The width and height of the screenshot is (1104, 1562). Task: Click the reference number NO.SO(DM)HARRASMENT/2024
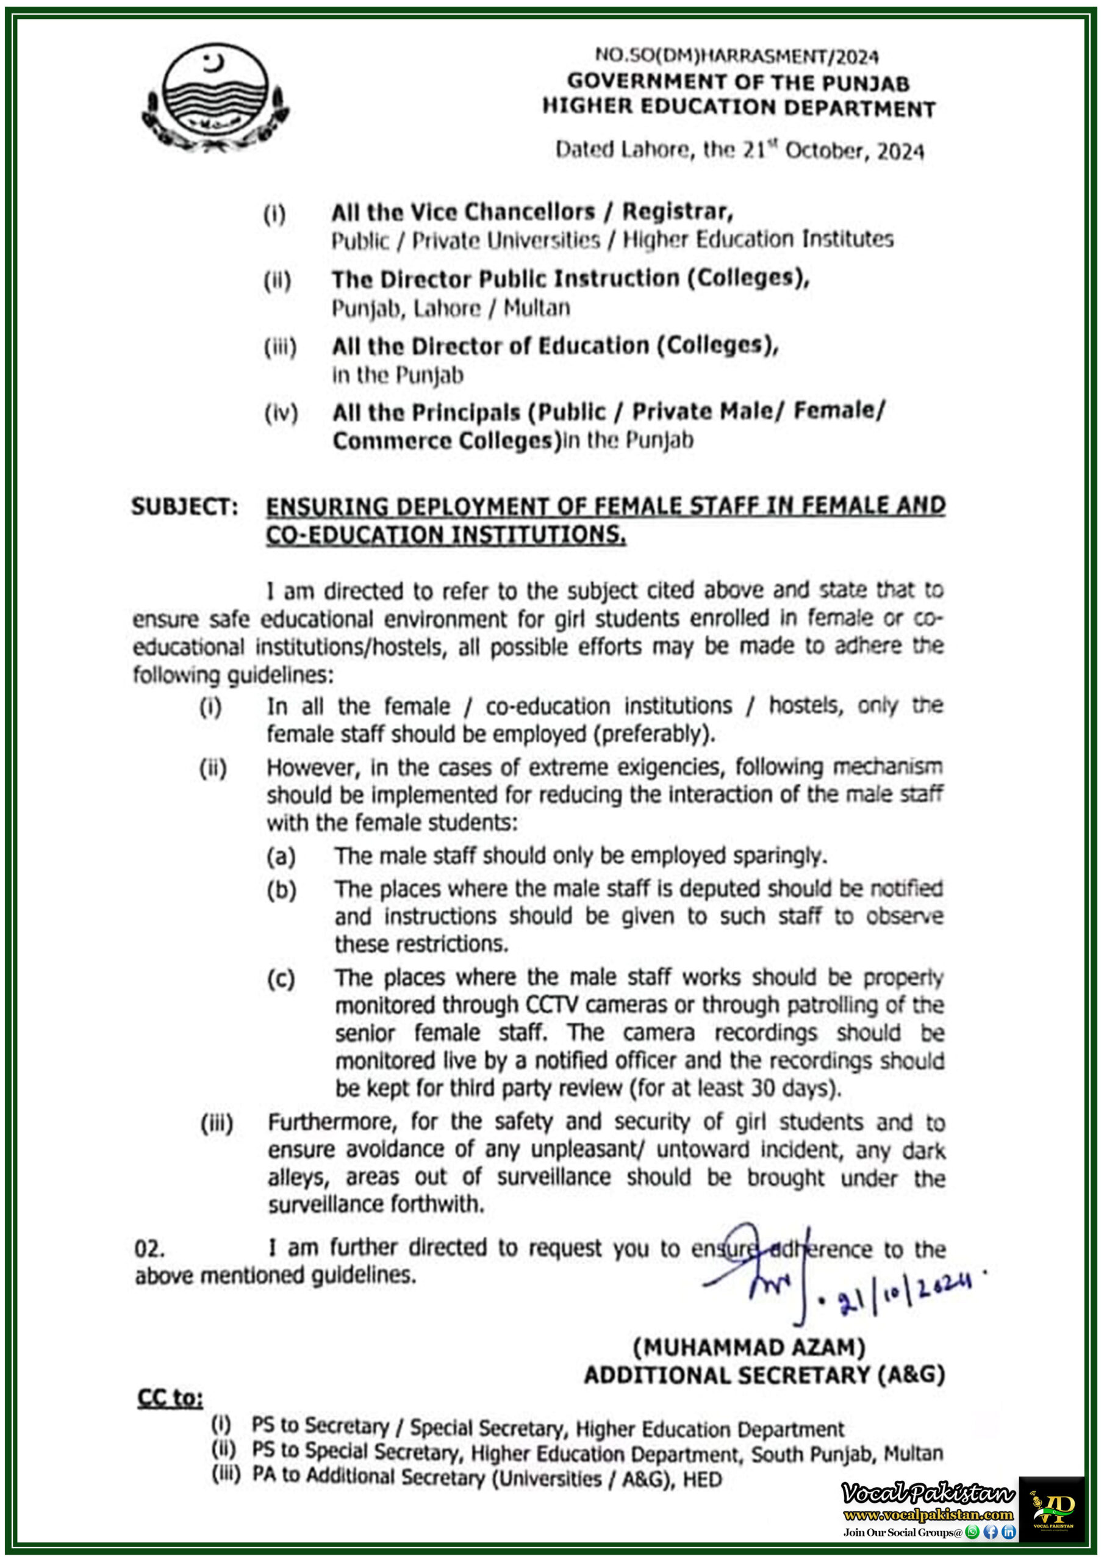coord(737,56)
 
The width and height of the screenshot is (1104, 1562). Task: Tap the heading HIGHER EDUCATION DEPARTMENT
coord(739,107)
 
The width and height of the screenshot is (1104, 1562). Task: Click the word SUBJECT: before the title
coord(184,507)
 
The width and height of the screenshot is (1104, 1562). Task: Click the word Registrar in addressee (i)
coord(677,212)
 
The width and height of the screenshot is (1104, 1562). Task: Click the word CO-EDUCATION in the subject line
coord(354,535)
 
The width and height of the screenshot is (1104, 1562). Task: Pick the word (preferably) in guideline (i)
coord(659,734)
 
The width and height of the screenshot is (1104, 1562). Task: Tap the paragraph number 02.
coord(149,1249)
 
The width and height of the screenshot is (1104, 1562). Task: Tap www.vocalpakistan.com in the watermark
coord(928,1514)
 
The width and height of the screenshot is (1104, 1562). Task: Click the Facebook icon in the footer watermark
coord(991,1532)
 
